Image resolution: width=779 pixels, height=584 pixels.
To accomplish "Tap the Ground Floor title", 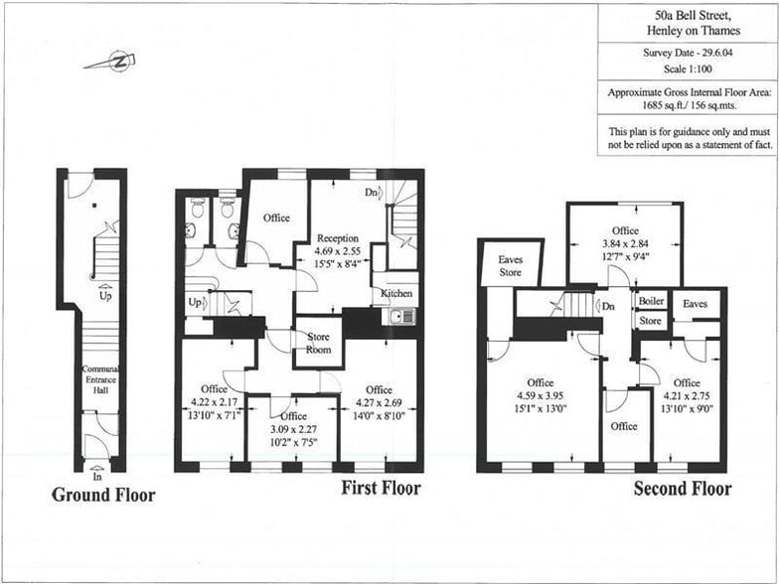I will tap(103, 495).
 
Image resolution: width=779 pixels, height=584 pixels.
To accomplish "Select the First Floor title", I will tap(381, 488).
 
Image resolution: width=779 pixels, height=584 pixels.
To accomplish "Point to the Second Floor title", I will tap(683, 489).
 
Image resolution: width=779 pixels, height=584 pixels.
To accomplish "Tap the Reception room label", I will tap(338, 238).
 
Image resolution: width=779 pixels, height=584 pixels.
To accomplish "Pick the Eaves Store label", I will tap(510, 266).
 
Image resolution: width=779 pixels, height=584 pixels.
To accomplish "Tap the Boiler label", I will tap(652, 301).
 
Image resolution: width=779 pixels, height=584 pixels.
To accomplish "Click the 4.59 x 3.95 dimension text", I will tap(541, 397).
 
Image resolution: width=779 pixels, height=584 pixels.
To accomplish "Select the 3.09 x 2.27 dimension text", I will tap(293, 430).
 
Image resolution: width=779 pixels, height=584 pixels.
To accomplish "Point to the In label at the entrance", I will tap(96, 478).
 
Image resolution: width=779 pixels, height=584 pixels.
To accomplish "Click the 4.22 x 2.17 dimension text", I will tap(212, 404).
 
